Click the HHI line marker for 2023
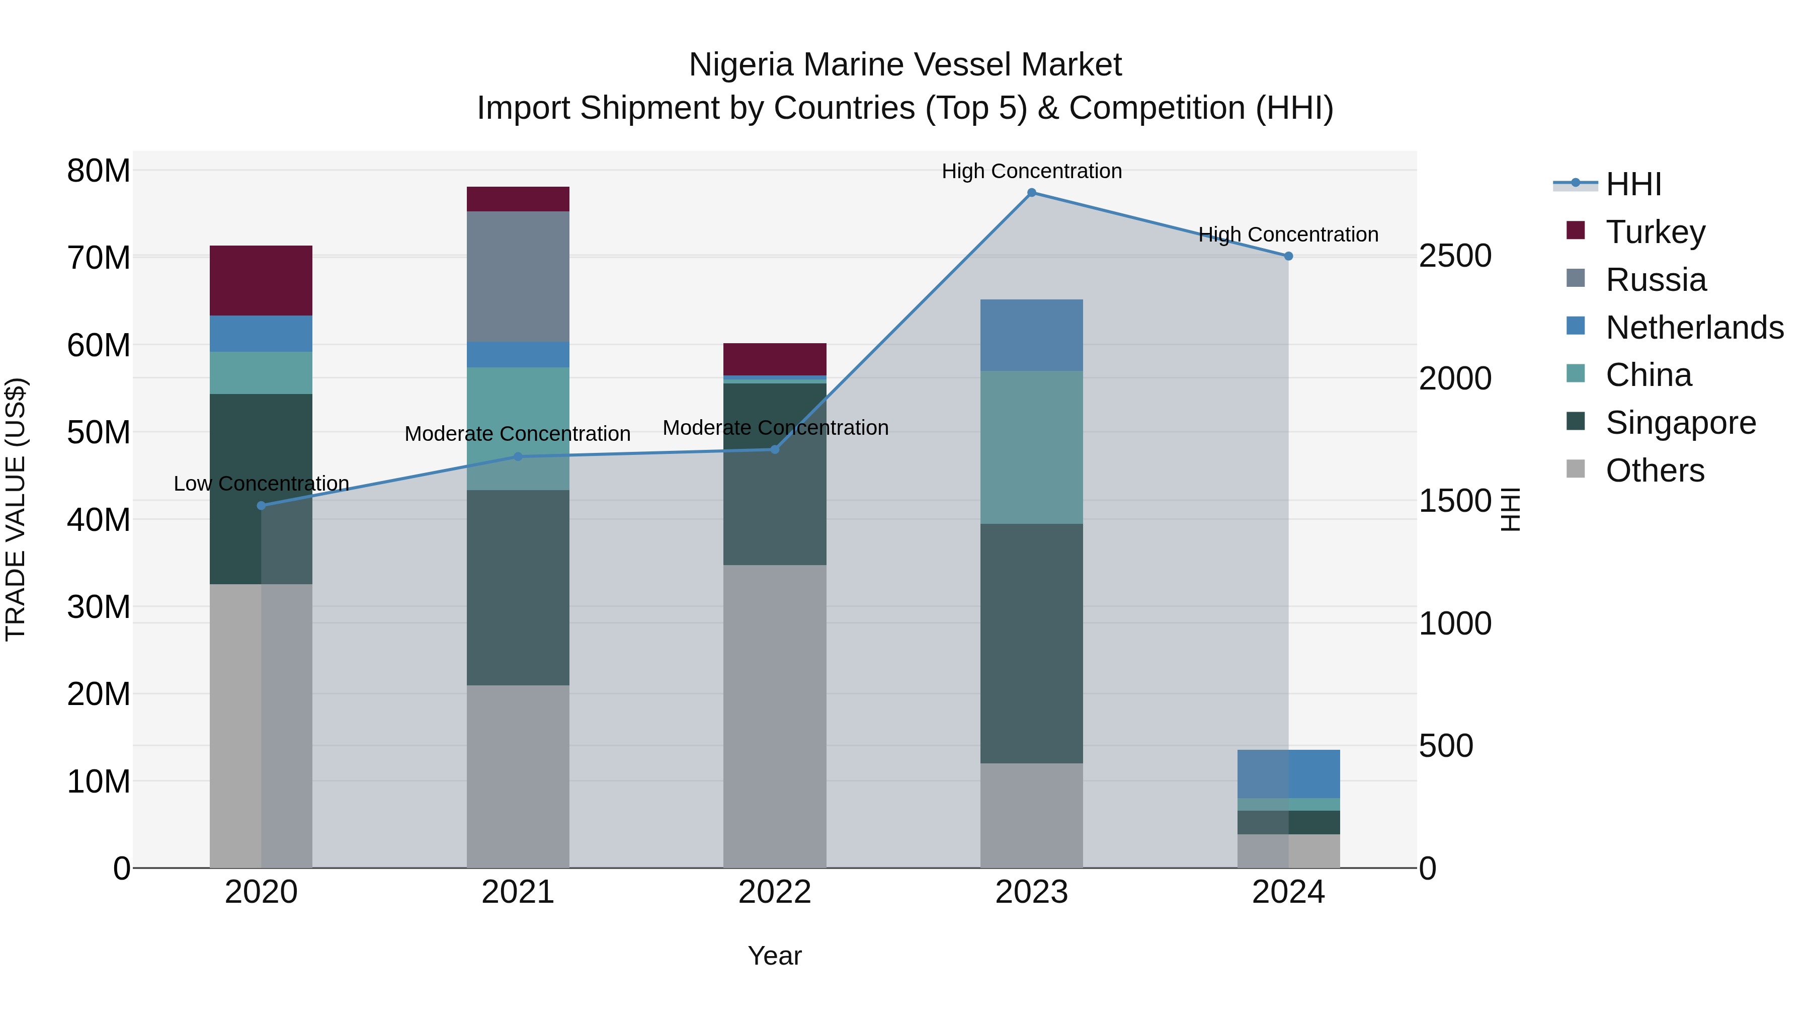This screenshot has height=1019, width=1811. click(1031, 193)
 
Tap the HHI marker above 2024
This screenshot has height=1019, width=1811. click(1288, 257)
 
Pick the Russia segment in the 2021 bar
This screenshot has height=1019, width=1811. click(518, 276)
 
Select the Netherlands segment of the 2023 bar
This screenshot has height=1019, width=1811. click(1031, 335)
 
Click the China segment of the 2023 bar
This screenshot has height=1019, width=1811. click(1031, 447)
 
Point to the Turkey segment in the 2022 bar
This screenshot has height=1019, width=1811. click(775, 359)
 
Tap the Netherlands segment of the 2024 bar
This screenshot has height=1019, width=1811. click(1288, 773)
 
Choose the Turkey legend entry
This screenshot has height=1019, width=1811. click(1655, 232)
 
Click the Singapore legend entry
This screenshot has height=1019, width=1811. click(1680, 423)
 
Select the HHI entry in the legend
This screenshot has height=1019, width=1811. click(1633, 184)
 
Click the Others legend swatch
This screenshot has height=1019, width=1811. click(1576, 469)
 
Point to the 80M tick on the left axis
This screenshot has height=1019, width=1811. click(99, 171)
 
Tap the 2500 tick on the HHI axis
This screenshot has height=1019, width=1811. click(1454, 256)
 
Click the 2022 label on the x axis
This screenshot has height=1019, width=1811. click(775, 892)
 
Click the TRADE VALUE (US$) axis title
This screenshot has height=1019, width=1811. click(16, 509)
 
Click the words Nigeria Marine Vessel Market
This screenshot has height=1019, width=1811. click(905, 65)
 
